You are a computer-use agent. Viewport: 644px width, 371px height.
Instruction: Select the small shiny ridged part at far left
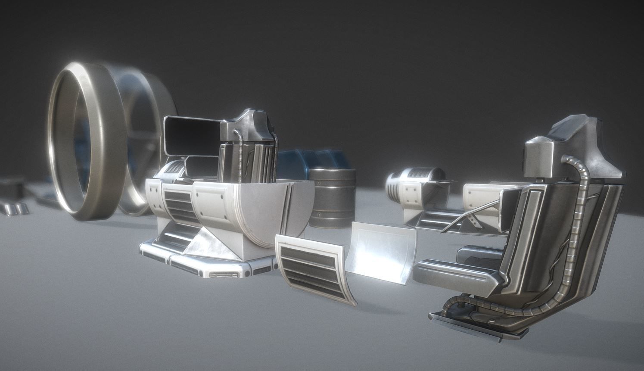[x=15, y=209]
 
